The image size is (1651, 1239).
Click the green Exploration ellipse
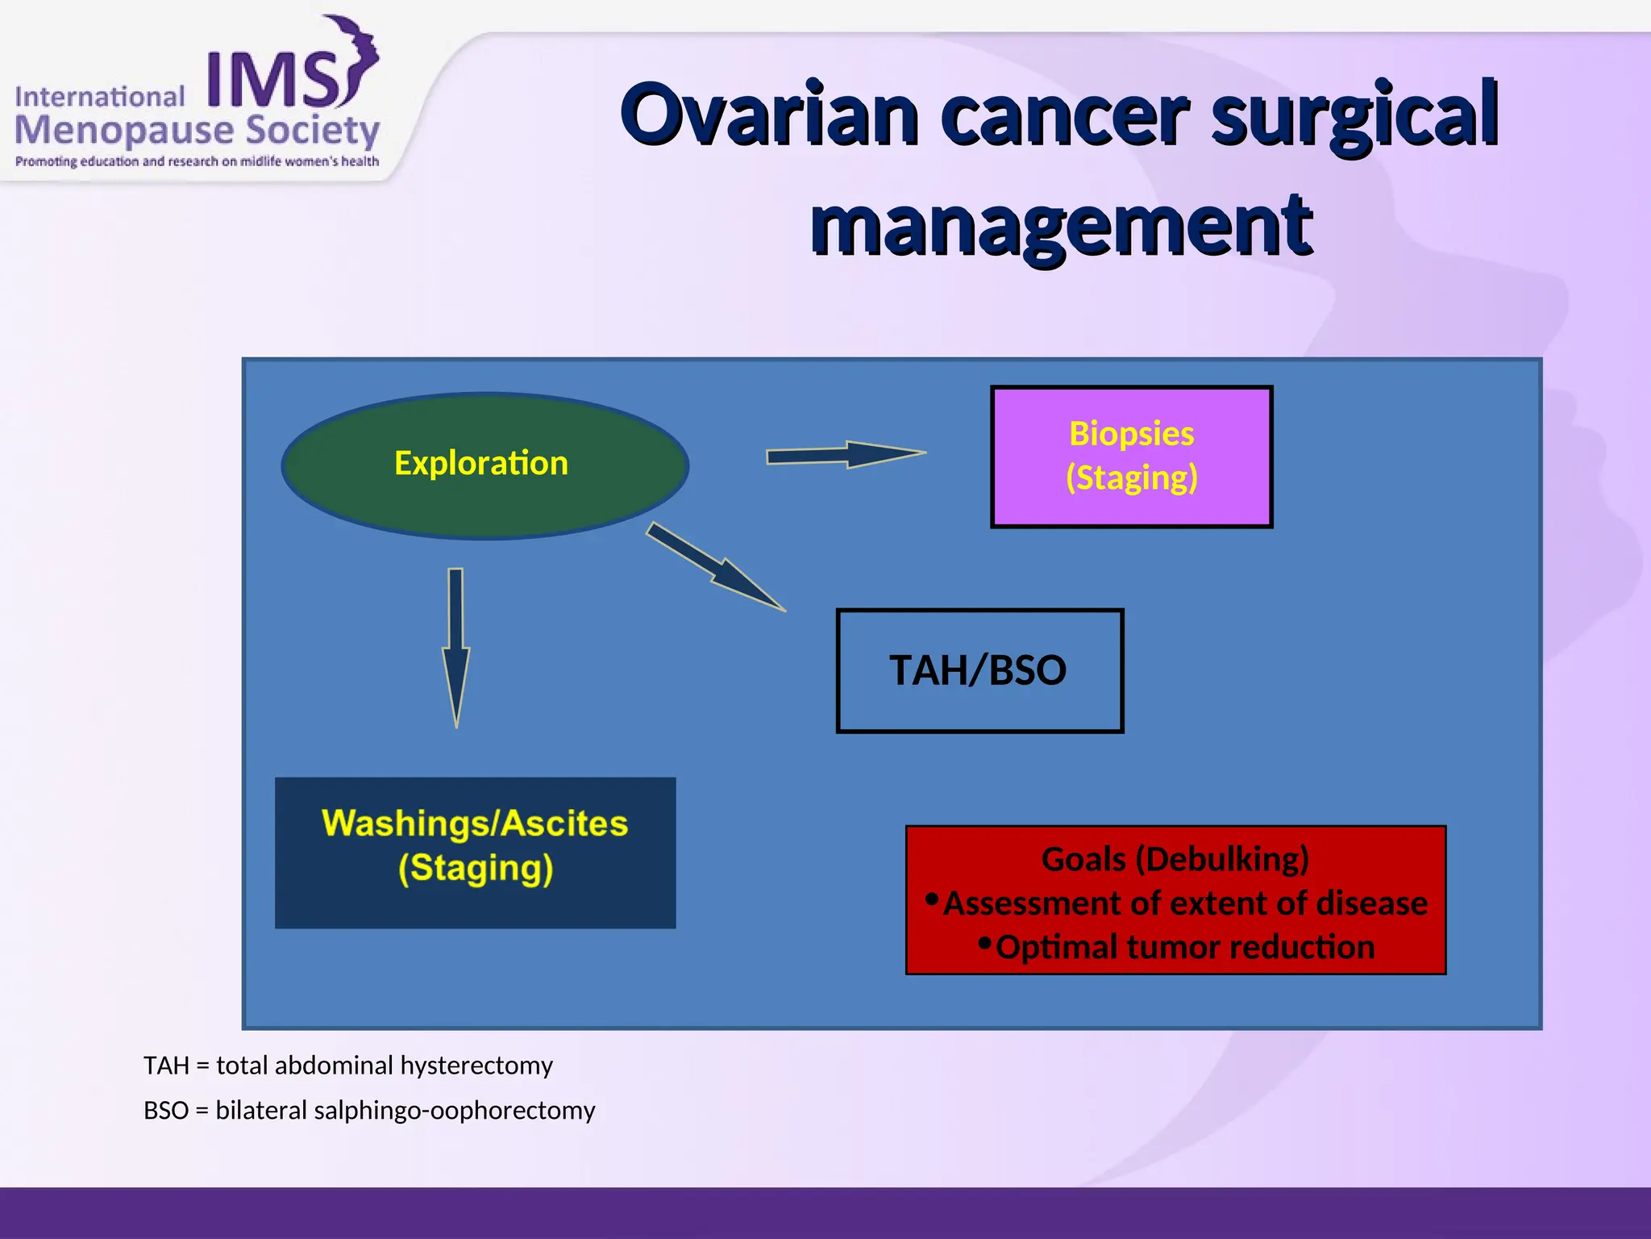tap(484, 465)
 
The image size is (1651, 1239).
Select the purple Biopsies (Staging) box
tap(1131, 457)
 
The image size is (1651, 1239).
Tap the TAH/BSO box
tap(979, 670)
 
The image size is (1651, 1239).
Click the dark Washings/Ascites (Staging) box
tap(475, 852)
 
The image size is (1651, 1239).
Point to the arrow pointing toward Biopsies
tap(846, 455)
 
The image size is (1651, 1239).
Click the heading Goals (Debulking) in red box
tap(1175, 859)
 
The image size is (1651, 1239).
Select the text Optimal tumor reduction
tap(1184, 947)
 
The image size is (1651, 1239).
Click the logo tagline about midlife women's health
tap(197, 161)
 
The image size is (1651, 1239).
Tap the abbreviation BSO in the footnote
tap(166, 1111)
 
